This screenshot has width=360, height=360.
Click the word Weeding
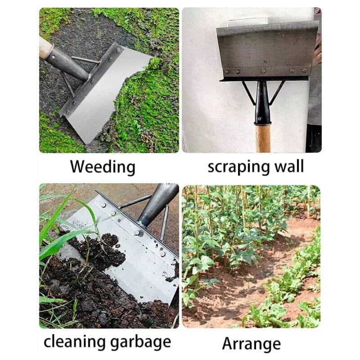(x=103, y=167)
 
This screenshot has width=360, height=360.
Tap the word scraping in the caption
(x=238, y=166)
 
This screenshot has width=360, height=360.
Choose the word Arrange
(x=251, y=343)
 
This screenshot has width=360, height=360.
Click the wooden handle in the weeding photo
(x=45, y=46)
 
